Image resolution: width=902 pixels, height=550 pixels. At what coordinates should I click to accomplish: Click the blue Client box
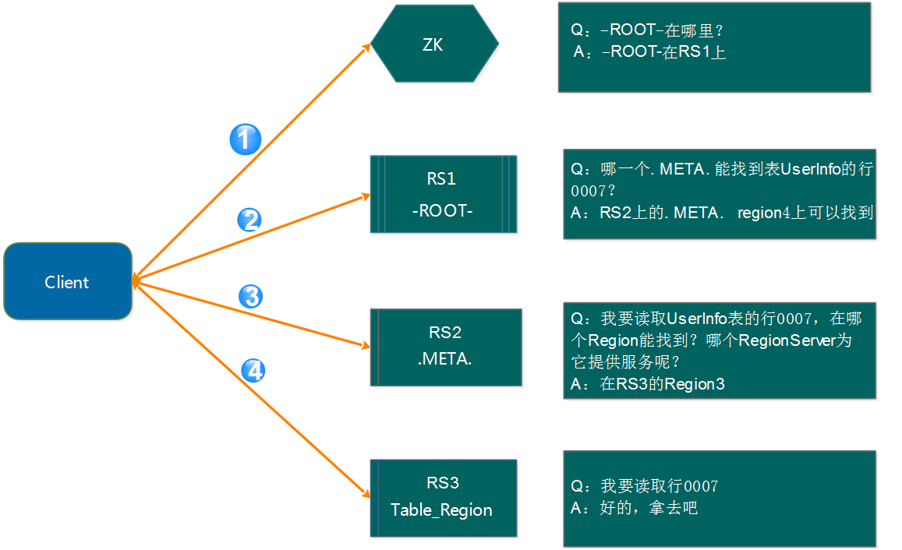pos(68,281)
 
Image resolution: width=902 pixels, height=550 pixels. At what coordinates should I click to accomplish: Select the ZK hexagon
pos(434,44)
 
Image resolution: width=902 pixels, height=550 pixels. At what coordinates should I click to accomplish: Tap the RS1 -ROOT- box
pos(444,194)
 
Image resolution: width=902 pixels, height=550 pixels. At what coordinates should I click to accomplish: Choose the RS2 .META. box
pos(446,347)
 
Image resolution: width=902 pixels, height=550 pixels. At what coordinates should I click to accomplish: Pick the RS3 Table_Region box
pos(444,498)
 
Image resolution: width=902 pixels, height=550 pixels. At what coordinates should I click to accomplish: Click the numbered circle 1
pos(246,139)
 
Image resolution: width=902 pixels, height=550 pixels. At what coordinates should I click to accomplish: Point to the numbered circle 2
pos(249,220)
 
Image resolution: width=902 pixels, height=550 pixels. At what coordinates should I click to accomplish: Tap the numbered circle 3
pos(251,297)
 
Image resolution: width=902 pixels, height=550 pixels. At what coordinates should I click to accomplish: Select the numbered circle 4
pos(253,371)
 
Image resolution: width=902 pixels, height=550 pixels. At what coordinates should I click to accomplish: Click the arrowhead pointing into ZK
pos(366,48)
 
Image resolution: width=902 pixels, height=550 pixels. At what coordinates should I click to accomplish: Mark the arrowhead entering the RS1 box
pos(366,197)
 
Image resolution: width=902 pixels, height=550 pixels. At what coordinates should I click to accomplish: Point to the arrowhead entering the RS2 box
pos(366,345)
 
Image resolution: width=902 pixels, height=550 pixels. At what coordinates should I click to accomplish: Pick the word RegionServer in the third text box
pos(787,340)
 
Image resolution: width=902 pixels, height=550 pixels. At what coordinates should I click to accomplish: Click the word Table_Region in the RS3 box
pos(441,510)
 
